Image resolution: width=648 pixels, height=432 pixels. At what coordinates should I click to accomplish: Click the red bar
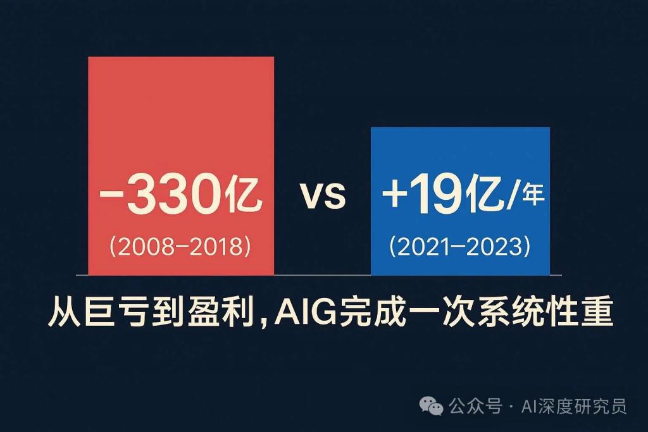[x=181, y=166]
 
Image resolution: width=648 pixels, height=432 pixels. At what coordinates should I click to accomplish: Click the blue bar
[x=460, y=201]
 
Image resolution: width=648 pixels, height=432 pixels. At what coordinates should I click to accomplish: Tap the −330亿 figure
[x=180, y=194]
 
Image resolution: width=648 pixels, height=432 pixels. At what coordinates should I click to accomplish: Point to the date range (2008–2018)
[x=180, y=247]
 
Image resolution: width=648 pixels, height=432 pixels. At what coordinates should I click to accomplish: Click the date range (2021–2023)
[x=459, y=247]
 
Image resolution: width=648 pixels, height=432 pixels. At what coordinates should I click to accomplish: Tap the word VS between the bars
[x=323, y=195]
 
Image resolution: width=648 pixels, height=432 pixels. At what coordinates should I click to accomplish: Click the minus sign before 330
[x=111, y=194]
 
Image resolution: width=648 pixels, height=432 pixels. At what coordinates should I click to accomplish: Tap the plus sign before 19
[x=394, y=194]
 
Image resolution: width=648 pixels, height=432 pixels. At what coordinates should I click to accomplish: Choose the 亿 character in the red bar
[x=244, y=194]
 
